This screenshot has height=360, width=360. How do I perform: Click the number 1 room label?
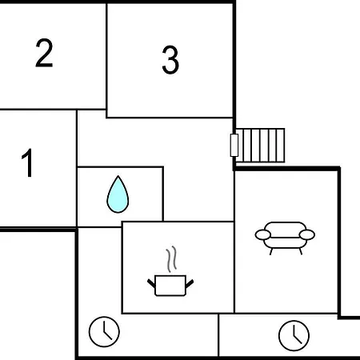(x=27, y=162)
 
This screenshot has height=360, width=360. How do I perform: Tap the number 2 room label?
(x=44, y=53)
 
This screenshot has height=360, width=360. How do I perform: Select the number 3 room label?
(x=170, y=60)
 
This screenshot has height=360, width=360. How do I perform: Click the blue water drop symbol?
(x=118, y=194)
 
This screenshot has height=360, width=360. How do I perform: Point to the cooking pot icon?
(x=170, y=286)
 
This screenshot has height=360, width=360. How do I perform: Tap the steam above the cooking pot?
(x=171, y=259)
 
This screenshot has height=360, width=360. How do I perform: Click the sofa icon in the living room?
(x=285, y=238)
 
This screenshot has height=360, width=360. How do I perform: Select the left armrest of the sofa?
(x=263, y=235)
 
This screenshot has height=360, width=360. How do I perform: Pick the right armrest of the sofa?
(x=307, y=234)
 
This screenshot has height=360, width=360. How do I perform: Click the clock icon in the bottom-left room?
(x=104, y=332)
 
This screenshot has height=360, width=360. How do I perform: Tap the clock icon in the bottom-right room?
(x=294, y=336)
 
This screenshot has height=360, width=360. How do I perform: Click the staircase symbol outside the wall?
(x=260, y=146)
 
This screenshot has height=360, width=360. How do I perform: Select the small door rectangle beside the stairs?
(x=234, y=146)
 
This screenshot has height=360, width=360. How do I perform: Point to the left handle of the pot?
(x=151, y=283)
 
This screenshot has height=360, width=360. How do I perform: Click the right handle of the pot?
(x=190, y=283)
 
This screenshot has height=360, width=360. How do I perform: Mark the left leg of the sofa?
(x=271, y=251)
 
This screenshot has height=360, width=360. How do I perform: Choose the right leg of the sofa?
(x=301, y=251)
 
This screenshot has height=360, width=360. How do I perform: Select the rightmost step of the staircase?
(x=281, y=146)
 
